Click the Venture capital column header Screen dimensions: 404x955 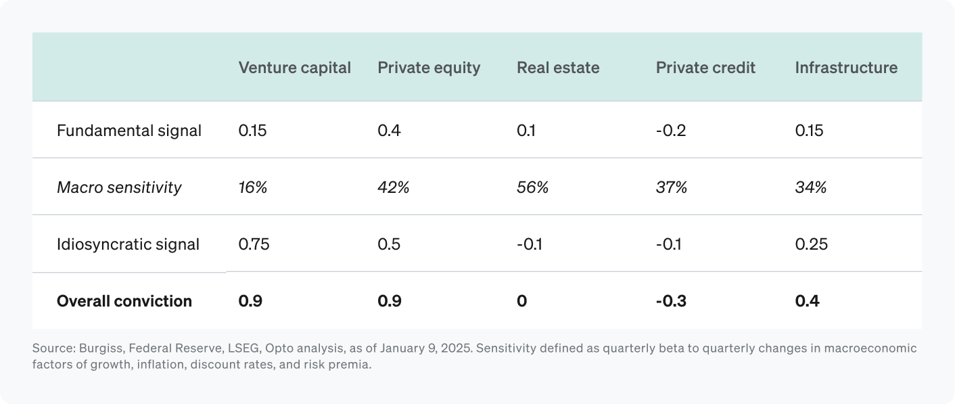294,68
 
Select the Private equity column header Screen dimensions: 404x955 429,68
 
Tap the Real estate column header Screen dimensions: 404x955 558,68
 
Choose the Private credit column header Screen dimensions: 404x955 705,68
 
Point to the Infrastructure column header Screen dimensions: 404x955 846,68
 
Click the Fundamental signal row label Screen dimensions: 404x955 129,130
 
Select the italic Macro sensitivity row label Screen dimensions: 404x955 119,187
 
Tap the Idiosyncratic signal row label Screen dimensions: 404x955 128,244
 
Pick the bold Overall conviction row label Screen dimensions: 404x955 124,300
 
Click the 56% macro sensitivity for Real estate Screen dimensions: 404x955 532,187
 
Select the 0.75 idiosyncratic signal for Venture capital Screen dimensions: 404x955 254,244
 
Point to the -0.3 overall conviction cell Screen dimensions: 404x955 671,300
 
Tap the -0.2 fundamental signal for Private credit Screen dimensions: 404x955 671,130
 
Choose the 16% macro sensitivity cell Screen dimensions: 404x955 253,187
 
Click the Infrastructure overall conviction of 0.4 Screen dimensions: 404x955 808,300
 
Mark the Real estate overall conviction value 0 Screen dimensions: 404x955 521,300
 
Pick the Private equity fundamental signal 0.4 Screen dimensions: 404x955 389,130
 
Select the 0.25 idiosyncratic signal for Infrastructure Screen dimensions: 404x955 812,244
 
